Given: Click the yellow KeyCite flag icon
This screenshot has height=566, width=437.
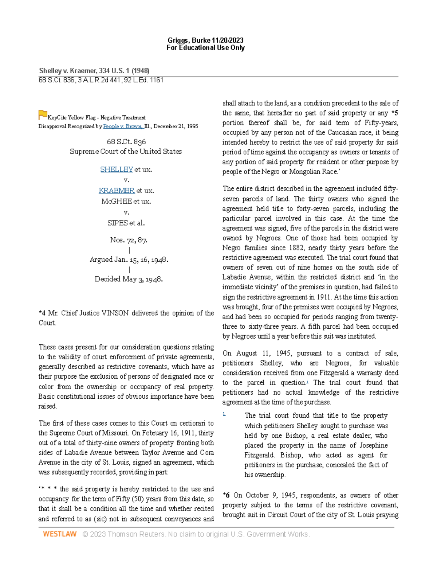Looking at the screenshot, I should coord(43,115).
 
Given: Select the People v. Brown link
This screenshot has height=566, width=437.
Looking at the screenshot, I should coord(122,126).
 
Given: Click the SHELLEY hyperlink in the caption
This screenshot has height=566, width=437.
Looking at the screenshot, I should coord(117,169).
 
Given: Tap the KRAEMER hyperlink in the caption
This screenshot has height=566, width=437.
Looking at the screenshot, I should coord(117,191).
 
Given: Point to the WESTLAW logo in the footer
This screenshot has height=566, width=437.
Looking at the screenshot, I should coord(60,534).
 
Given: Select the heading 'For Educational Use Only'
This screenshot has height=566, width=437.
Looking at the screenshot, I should coord(205,48).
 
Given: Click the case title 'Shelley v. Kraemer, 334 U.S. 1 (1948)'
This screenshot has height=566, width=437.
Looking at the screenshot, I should coord(94,71).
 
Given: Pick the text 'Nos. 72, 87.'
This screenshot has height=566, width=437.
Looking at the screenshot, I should coord(129,240).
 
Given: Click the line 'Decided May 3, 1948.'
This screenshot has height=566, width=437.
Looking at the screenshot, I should coord(129,279).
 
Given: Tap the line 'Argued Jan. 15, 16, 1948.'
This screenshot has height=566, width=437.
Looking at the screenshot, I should coord(129,259).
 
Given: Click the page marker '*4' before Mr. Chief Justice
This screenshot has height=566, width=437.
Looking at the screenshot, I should coord(42,313).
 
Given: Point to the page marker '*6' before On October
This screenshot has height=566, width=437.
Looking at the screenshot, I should coord(226,495).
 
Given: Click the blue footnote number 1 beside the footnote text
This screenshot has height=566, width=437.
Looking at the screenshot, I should coord(224,414).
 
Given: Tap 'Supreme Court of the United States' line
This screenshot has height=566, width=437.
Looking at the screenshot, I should coord(126,151).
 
